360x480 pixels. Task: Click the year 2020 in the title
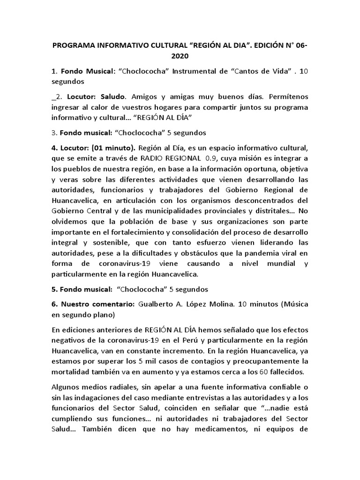(180, 57)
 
